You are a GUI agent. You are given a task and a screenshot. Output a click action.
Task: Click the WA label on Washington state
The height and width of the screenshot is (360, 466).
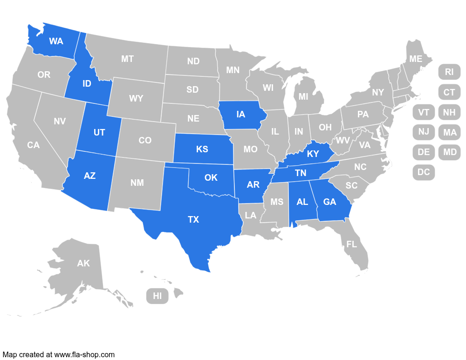(x=56, y=41)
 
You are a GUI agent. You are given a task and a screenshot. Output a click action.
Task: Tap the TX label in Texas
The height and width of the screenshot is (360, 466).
(x=193, y=219)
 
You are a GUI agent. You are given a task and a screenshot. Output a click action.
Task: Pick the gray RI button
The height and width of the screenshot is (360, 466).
(x=449, y=72)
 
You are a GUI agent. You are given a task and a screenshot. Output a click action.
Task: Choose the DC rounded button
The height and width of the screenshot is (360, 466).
(x=424, y=172)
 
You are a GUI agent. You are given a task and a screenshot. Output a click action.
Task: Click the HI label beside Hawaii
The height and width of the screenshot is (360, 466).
(x=158, y=296)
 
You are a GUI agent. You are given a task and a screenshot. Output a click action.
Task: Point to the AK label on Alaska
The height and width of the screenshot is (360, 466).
(x=83, y=264)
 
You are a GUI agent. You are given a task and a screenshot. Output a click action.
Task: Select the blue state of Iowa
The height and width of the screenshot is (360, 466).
(x=241, y=115)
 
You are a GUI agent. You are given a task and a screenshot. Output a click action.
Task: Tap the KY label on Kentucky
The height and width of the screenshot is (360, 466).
(x=313, y=154)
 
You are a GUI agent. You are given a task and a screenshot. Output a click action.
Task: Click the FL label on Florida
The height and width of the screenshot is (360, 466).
(x=352, y=244)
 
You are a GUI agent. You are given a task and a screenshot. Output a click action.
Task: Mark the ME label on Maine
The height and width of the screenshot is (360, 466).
(x=416, y=59)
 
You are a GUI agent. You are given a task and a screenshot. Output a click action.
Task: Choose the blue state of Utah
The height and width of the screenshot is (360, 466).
(x=99, y=133)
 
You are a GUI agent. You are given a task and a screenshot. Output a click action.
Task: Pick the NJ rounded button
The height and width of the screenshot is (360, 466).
(x=424, y=132)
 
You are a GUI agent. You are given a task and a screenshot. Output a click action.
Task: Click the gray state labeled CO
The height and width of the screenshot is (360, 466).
(x=145, y=140)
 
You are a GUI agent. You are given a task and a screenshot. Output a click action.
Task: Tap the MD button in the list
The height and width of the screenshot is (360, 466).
(x=450, y=152)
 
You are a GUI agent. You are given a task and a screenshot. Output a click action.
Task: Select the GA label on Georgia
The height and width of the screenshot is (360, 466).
(x=329, y=202)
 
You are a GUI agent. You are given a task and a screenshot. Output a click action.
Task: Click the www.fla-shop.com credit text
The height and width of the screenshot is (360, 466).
(x=84, y=354)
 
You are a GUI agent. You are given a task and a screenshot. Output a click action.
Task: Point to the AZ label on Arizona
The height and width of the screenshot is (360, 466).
(x=89, y=176)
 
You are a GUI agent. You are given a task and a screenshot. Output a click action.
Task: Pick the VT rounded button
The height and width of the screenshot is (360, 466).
(x=424, y=112)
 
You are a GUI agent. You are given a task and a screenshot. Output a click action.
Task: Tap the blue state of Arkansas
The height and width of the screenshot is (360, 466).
(x=253, y=185)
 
